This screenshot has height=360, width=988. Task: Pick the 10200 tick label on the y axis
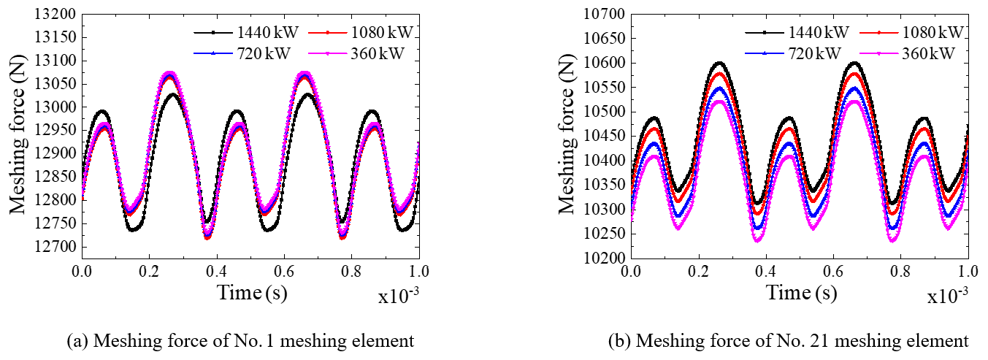605,258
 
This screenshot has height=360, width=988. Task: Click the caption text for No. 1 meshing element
240,340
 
